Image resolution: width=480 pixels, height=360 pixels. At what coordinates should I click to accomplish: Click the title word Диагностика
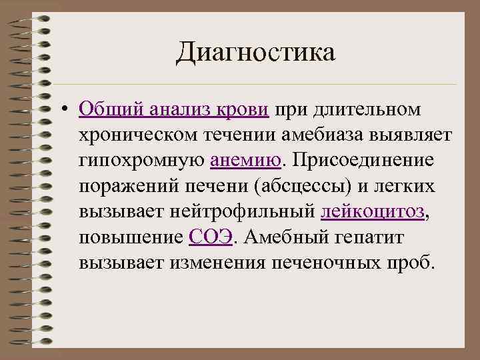click(x=255, y=53)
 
